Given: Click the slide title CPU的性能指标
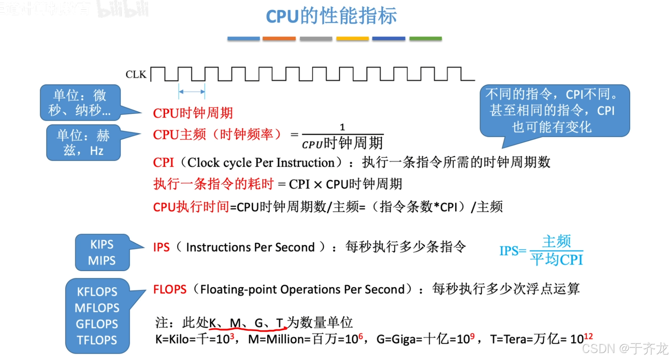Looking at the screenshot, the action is point(331,16).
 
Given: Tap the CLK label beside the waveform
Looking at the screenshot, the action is point(136,74).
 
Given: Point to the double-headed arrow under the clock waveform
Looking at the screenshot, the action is point(191,92).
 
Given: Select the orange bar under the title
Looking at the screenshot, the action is point(279,39).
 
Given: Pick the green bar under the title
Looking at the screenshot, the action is point(425,39).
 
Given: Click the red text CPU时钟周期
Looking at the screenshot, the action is point(193,113).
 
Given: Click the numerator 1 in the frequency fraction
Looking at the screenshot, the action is point(342,127).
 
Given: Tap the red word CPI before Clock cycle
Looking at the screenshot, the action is point(163,163).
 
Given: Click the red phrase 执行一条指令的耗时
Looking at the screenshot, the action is point(213,184).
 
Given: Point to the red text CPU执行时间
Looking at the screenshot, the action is point(191,207).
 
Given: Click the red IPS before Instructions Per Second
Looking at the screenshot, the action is point(161,247).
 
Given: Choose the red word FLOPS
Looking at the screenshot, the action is point(169,290).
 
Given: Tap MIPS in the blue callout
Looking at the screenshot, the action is point(102,261).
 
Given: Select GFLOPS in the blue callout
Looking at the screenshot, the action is point(97,324).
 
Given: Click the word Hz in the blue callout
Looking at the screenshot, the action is point(97,151).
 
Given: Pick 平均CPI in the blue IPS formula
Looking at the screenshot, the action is point(556,260).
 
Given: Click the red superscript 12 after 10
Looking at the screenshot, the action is point(588,336).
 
